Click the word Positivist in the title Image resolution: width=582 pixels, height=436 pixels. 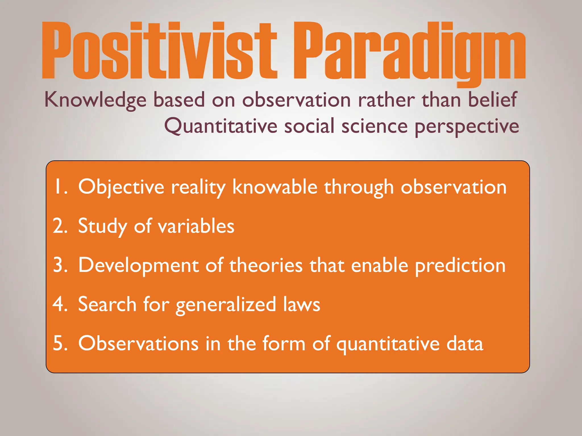click(159, 51)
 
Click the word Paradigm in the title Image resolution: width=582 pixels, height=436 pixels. click(409, 51)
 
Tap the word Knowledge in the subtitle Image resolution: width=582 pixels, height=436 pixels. click(95, 100)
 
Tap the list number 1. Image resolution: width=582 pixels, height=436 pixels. click(60, 187)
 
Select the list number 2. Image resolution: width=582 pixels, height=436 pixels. click(60, 226)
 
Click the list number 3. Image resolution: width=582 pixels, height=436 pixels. click(60, 265)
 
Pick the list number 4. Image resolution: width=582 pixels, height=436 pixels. click(60, 304)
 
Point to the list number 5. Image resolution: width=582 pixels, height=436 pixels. click(60, 343)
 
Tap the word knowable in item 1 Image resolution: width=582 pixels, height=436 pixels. click(275, 187)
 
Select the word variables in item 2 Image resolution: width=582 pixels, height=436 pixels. click(196, 226)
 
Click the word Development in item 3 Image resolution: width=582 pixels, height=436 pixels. click(138, 266)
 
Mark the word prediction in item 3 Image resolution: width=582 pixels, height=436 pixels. click(460, 266)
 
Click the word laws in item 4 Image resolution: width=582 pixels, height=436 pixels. click(302, 304)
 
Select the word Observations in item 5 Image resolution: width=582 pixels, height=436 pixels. click(138, 343)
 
